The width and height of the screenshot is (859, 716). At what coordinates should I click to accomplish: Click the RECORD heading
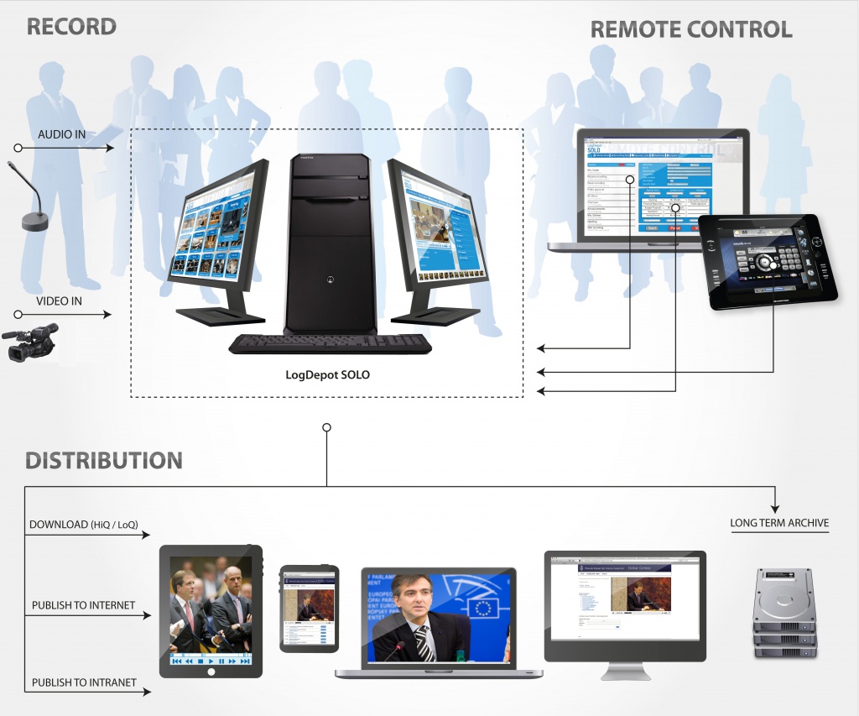point(71,26)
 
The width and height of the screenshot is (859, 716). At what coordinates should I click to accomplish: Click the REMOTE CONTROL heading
point(691,29)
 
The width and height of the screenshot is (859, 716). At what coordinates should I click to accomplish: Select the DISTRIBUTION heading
point(104,460)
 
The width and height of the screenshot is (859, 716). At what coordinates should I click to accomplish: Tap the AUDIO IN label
point(61,134)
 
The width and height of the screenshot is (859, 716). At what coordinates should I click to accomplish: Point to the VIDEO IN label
point(59,301)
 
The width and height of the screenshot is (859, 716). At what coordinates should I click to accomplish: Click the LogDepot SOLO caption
point(327,374)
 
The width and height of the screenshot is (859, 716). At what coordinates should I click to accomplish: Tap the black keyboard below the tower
point(330,344)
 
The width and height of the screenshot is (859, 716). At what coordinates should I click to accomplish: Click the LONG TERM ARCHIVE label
point(779,523)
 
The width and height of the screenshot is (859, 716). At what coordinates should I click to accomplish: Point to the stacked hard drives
point(784,613)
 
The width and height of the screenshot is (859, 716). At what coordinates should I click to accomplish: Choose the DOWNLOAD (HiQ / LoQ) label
point(84,525)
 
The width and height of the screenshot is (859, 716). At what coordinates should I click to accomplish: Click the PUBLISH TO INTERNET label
point(83,605)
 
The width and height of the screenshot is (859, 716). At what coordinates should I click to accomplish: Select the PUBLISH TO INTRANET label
point(84,682)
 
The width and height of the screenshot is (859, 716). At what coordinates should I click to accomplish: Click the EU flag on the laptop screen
point(482,607)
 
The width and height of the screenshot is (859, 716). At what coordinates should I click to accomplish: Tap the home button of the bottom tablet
point(211,671)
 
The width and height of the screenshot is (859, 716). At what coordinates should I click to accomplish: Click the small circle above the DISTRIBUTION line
point(326,427)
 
